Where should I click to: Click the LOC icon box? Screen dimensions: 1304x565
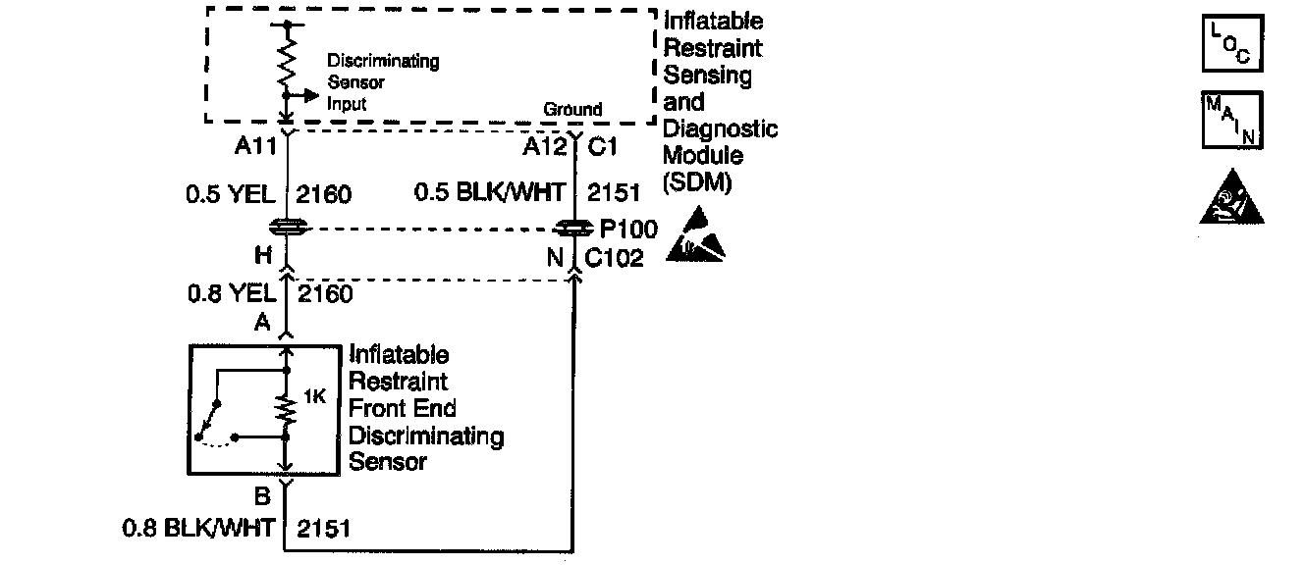click(1232, 43)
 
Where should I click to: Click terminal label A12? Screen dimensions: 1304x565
click(546, 146)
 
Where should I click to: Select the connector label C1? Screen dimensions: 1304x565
click(602, 146)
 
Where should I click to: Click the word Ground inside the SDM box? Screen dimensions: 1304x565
click(572, 109)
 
